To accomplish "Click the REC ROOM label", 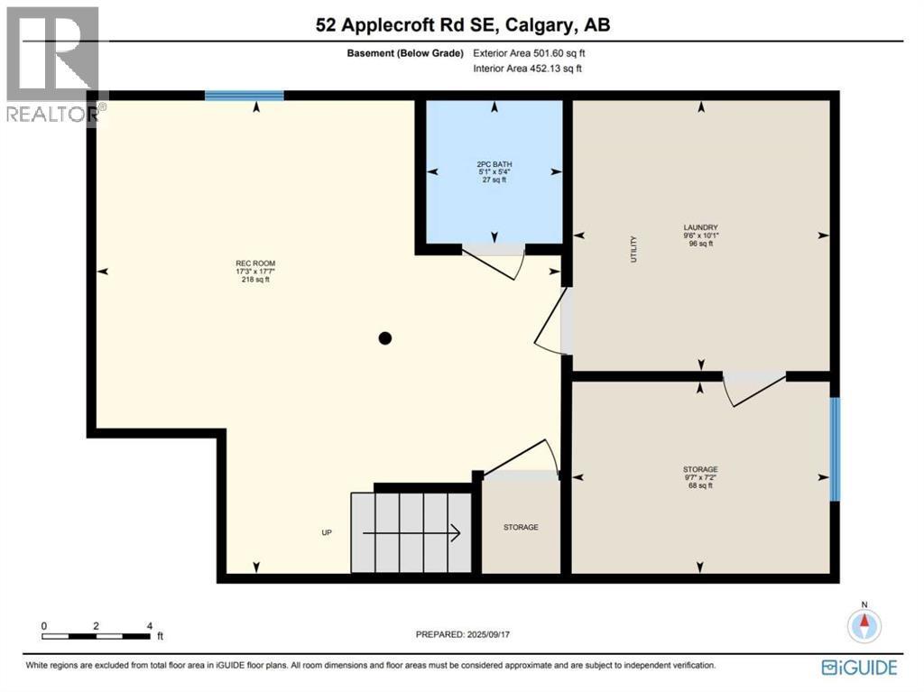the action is pos(255,263).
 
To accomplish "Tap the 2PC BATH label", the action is pos(494,164).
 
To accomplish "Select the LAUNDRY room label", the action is pos(700,227).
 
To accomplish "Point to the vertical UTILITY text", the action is pos(634,249).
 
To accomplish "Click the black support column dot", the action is pos(384,338).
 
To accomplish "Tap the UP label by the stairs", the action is pos(327,532).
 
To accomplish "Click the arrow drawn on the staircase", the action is pos(411,533).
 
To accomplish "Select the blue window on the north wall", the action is pos(244,96).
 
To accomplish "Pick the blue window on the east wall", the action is pos(835,449).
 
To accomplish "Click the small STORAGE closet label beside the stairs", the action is pos(521,527).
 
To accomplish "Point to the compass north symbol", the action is pos(864,623).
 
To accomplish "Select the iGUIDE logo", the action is pos(859,668).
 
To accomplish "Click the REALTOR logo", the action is pos(53,65).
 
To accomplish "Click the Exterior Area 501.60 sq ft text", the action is pos(529,53).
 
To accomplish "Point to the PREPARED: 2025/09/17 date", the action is pos(463,634).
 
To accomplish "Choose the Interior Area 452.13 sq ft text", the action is pos(527,69).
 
